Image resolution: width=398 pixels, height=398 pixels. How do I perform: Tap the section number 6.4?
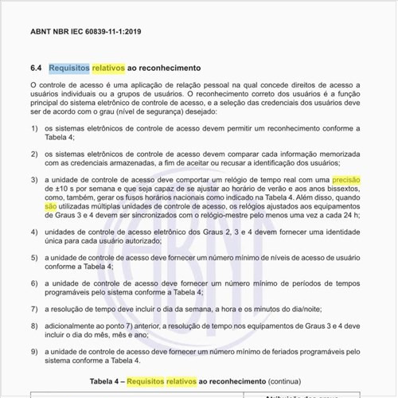[36, 68]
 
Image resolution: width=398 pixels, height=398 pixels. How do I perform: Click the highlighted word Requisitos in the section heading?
[68, 68]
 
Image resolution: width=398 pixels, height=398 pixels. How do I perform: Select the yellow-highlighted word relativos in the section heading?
[110, 68]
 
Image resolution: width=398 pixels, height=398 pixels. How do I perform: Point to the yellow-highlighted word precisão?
[346, 181]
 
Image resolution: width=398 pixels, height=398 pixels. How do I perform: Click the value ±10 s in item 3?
[64, 193]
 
